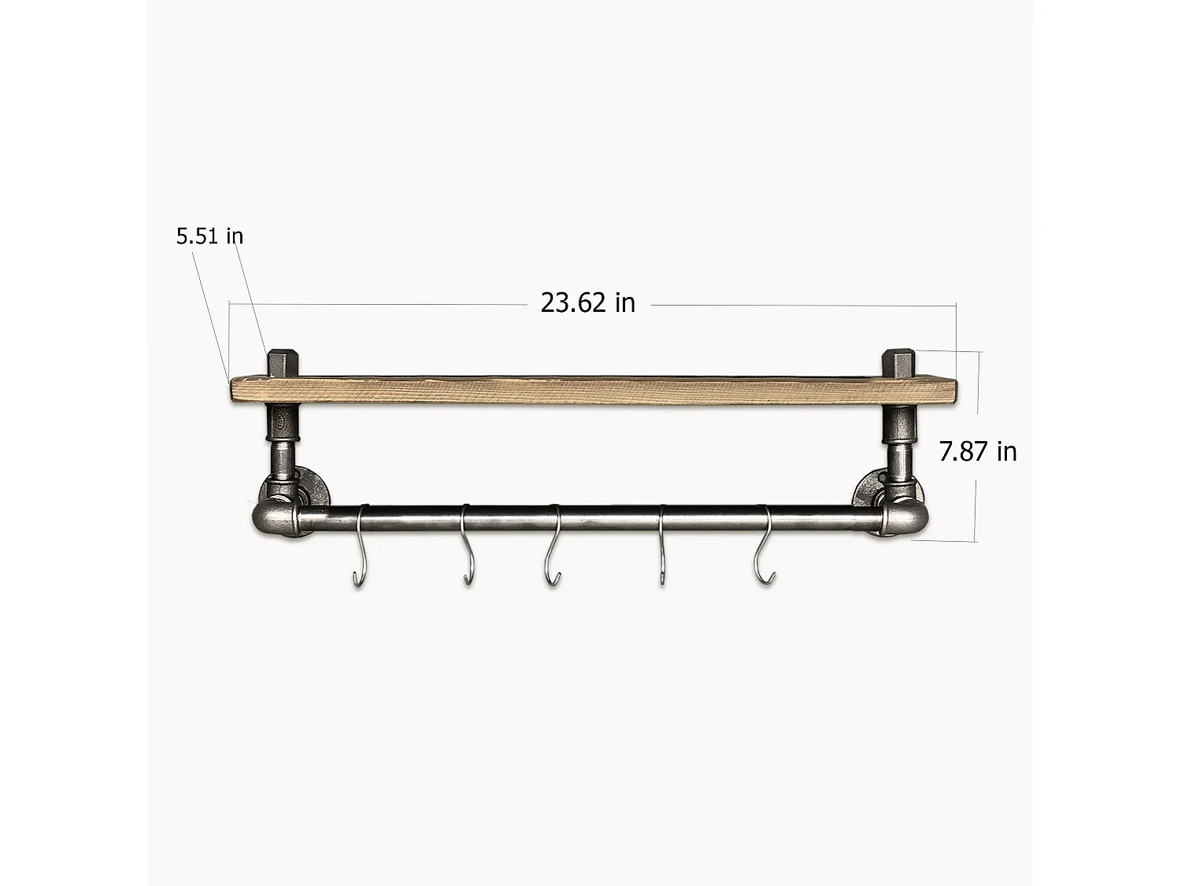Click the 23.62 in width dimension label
tap(587, 302)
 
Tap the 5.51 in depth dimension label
tap(209, 235)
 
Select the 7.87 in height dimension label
tap(978, 451)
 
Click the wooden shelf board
tap(590, 391)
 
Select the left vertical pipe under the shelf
tap(281, 441)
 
